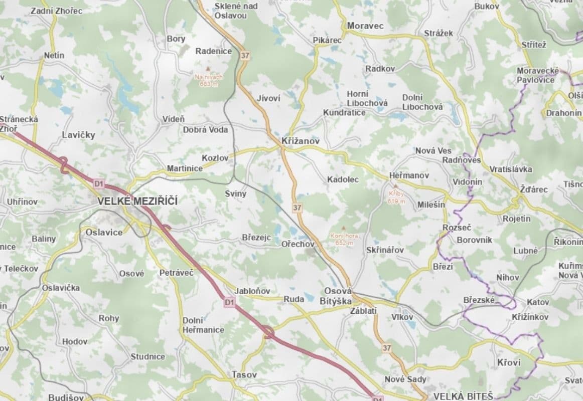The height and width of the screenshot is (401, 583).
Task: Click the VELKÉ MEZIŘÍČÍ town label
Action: click(137, 202)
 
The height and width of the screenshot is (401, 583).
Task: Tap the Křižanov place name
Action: click(301, 142)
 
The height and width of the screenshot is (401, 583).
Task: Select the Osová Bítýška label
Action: click(336, 296)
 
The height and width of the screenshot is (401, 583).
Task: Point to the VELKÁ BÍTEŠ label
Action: click(463, 395)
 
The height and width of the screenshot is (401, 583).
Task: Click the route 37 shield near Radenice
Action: click(244, 56)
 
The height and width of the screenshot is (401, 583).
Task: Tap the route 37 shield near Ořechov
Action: click(298, 207)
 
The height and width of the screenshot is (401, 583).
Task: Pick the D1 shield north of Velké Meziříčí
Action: click(98, 184)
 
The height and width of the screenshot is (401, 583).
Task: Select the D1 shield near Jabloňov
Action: click(229, 302)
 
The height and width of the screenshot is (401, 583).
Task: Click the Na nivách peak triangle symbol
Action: click(209, 68)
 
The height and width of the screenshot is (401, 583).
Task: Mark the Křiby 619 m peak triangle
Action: click(395, 185)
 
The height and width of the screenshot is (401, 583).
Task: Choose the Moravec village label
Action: click(365, 26)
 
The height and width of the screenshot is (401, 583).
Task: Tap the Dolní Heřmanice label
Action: click(203, 325)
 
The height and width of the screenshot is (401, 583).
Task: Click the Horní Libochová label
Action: click(367, 98)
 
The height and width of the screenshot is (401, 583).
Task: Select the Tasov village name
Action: click(244, 374)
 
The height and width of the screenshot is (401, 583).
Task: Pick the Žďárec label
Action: click(534, 189)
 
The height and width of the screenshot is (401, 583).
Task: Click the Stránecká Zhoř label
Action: click(19, 124)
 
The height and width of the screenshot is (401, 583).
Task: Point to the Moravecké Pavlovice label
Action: click(538, 75)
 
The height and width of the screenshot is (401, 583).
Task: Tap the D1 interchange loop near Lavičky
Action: click(64, 165)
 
